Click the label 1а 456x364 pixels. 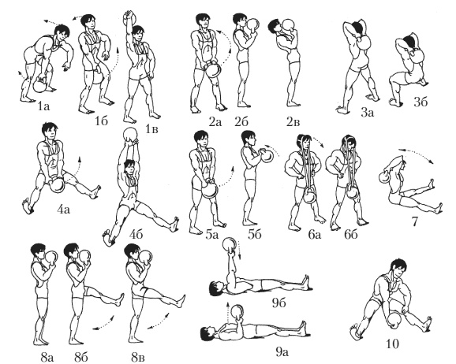pyautogui.click(x=43, y=106)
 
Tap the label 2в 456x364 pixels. pyautogui.click(x=293, y=122)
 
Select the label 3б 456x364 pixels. pyautogui.click(x=420, y=102)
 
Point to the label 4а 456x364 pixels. pyautogui.click(x=63, y=209)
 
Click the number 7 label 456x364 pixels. pyautogui.click(x=414, y=221)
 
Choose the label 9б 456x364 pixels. pyautogui.click(x=279, y=303)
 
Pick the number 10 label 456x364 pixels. pyautogui.click(x=392, y=344)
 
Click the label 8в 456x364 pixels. pyautogui.click(x=137, y=358)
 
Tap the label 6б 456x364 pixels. pyautogui.click(x=351, y=234)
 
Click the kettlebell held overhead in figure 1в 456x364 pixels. pyautogui.click(x=129, y=19)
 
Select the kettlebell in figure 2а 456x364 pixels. pyautogui.click(x=213, y=69)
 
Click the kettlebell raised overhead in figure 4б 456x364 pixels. pyautogui.click(x=130, y=135)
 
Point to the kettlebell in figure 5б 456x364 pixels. pyautogui.click(x=267, y=155)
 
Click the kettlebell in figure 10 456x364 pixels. pyautogui.click(x=394, y=321)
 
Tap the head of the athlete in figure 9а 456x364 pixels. pyautogui.click(x=207, y=333)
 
